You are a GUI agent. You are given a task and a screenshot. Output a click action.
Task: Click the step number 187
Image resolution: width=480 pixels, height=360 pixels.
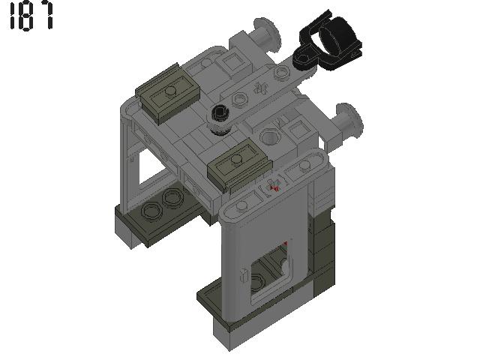(31, 16)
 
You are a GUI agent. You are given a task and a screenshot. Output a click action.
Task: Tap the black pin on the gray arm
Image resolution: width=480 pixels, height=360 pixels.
(219, 114)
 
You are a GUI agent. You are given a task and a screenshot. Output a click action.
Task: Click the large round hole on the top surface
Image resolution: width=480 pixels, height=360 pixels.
(270, 137)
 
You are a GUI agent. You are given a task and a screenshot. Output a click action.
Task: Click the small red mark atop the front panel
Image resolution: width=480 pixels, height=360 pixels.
(275, 187)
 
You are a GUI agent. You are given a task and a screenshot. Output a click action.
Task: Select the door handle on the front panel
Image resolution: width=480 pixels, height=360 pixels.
(244, 275)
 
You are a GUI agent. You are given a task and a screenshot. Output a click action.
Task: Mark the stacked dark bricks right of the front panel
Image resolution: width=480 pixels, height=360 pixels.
(320, 247)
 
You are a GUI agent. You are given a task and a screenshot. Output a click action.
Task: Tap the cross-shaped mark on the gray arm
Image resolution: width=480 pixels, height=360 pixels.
(262, 87)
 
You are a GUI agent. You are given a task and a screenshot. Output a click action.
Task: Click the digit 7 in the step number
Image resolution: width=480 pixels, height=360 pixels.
(46, 16)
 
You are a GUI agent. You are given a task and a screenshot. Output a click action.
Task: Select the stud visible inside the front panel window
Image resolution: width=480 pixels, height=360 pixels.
(259, 282)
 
